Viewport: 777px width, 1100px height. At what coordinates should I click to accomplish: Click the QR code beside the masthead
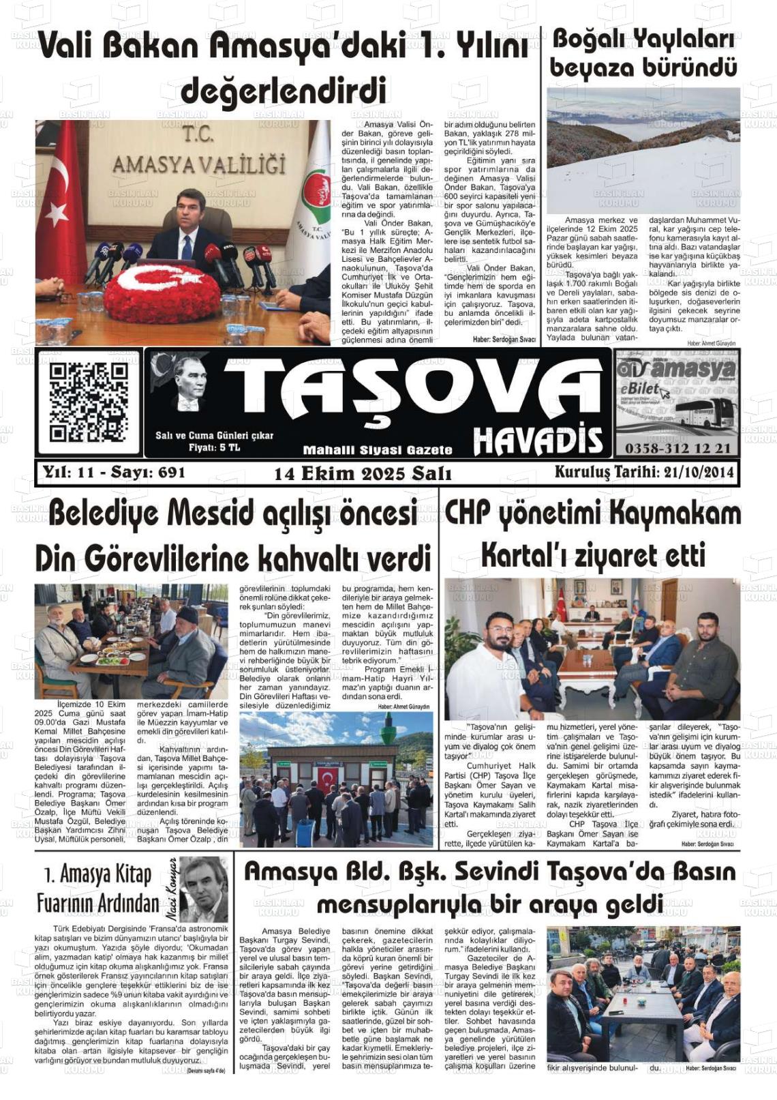88,402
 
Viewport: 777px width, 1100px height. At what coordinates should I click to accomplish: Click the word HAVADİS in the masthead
538,441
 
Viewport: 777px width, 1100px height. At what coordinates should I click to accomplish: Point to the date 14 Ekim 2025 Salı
363,473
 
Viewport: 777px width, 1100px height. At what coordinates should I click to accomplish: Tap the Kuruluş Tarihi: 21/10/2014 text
643,472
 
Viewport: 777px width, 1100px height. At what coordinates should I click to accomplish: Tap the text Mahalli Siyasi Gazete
378,450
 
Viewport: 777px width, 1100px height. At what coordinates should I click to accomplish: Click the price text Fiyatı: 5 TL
214,447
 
